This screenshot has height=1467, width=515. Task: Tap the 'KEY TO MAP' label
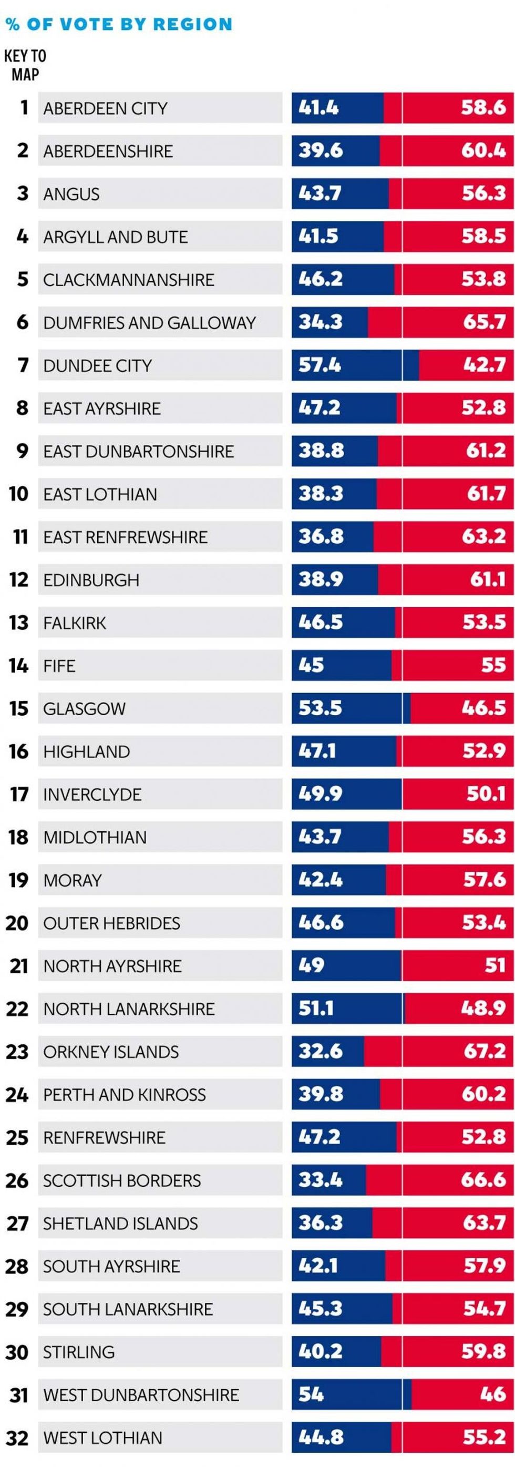[25, 65]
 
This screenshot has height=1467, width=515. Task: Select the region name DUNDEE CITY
[97, 365]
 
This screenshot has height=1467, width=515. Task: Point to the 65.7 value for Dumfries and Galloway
[483, 322]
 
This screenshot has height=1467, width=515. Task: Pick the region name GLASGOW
[84, 709]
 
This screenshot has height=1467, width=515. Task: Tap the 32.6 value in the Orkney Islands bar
[320, 1051]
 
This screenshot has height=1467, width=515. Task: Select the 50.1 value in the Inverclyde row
[486, 794]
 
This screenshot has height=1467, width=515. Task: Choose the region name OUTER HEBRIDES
[111, 923]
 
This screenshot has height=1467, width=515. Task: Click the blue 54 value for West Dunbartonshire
[311, 1394]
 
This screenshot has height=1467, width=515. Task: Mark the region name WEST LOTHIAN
[102, 1438]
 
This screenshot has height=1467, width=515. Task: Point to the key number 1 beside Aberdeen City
[24, 108]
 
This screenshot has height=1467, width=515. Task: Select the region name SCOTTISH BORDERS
[122, 1180]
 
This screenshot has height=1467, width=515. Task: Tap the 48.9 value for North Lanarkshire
[482, 1008]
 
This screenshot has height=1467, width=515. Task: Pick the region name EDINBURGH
[91, 580]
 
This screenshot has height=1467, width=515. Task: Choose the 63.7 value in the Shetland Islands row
[483, 1223]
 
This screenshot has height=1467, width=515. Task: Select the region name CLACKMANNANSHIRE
[129, 280]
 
